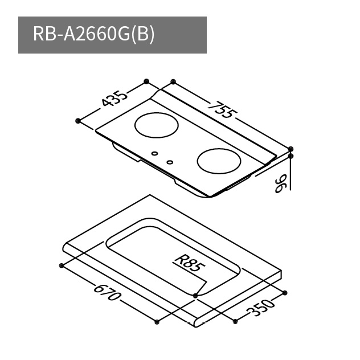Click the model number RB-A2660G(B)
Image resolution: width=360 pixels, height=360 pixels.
point(93,34)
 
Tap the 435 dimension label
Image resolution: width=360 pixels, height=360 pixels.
point(114,99)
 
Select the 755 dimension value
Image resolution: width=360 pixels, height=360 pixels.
point(222,110)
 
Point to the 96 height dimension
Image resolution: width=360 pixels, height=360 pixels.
point(281,183)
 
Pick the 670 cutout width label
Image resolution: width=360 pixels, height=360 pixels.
point(107,292)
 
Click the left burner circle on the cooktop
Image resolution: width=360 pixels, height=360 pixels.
point(156,125)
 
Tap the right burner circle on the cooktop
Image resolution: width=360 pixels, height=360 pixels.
point(219,161)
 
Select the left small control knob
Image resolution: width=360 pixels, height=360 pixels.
point(154,153)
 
